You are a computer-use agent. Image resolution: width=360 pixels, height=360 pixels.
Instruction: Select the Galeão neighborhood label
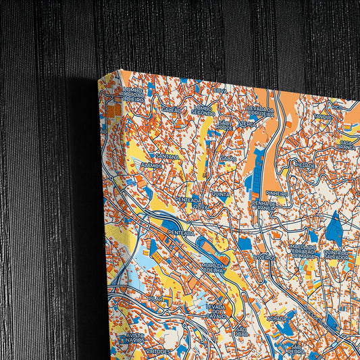(x=171, y=109)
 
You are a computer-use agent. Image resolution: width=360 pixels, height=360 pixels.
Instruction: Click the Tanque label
(x=323, y=117)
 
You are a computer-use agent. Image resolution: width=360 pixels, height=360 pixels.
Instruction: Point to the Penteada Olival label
(x=188, y=203)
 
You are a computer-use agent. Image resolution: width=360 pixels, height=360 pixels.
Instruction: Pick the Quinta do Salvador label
(x=336, y=255)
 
